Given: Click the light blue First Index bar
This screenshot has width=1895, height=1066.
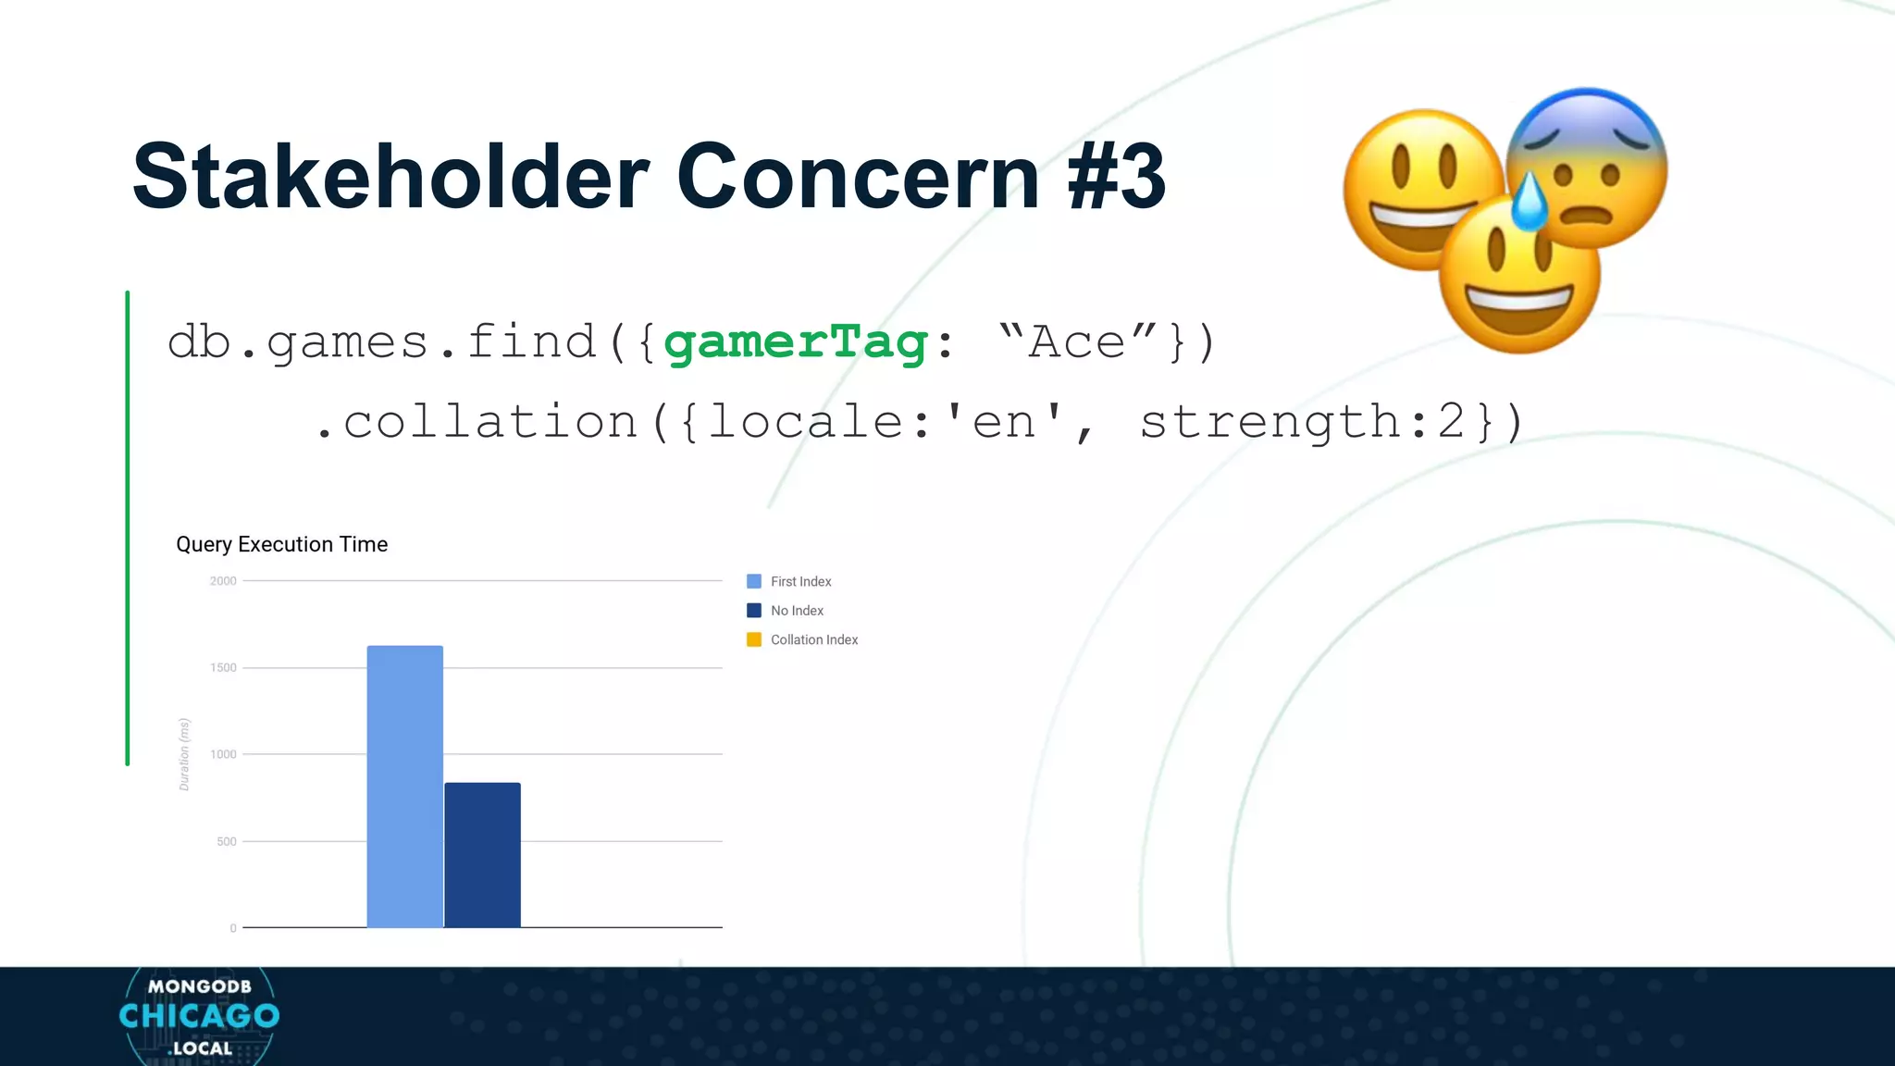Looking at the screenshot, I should click(x=404, y=787).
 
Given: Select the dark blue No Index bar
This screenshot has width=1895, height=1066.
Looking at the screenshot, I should click(x=482, y=855).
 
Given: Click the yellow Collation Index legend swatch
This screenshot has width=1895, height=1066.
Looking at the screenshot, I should click(x=754, y=639).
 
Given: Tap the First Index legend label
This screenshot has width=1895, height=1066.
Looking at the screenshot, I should click(x=800, y=581).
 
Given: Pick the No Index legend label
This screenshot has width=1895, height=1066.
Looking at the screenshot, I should click(x=797, y=611).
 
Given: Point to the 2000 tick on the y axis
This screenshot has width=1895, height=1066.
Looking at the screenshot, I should click(x=223, y=581).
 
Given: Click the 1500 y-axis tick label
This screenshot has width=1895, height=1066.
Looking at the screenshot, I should click(x=223, y=667).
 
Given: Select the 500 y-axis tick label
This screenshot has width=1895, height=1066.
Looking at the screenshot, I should click(x=227, y=841).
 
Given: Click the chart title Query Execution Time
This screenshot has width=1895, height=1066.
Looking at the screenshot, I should click(x=282, y=544).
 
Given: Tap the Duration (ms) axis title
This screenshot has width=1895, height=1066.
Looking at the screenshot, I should click(x=184, y=754).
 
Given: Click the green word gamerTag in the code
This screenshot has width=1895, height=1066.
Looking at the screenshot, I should click(x=796, y=342).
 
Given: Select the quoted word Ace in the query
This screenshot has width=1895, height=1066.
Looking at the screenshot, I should click(x=1077, y=342).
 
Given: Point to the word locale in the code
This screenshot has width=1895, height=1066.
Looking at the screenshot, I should click(x=805, y=423).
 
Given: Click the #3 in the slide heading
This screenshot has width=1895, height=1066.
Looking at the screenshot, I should click(x=1116, y=176).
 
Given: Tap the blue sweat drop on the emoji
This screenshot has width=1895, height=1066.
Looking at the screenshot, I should click(x=1529, y=202).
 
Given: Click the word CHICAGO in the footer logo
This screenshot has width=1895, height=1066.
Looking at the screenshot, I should click(x=199, y=1016).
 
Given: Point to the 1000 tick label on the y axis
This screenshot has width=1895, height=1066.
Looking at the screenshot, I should click(x=223, y=754).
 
